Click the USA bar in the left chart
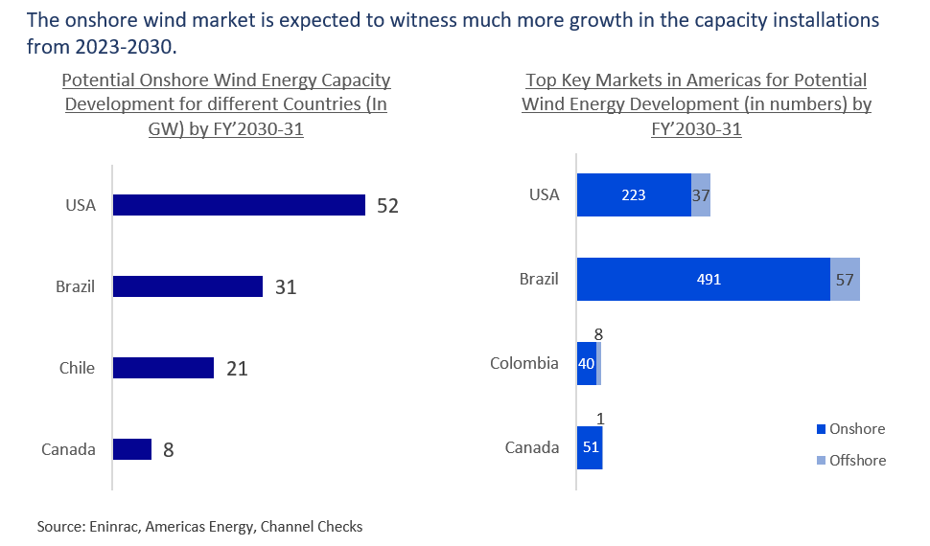[239, 205]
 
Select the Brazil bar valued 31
[187, 286]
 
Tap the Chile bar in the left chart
[163, 368]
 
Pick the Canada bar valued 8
[132, 449]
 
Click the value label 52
[387, 205]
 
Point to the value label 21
[237, 368]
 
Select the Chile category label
[77, 368]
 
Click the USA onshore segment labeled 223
[633, 195]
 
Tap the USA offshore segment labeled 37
[701, 195]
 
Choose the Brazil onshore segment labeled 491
[703, 280]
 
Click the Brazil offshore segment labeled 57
[845, 280]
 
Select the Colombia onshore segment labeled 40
[586, 364]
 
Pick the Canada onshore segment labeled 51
[589, 447]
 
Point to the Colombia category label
[524, 364]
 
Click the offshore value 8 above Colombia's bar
[598, 335]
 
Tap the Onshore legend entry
[850, 428]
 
